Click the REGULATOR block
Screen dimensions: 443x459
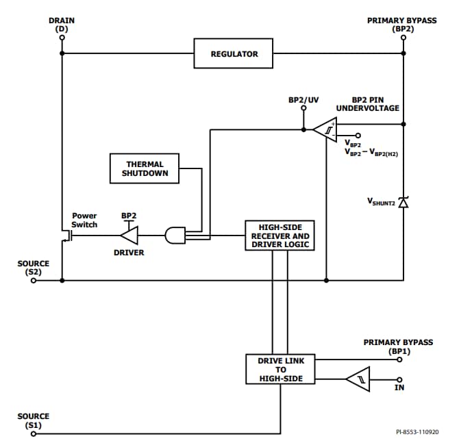tap(234, 53)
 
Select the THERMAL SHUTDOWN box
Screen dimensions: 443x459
tap(145, 168)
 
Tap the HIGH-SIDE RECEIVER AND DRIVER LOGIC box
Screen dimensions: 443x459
tap(280, 236)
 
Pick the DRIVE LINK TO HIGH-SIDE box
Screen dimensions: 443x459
tap(281, 369)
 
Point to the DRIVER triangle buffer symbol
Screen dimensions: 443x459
tap(128, 236)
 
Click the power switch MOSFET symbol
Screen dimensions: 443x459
tap(67, 236)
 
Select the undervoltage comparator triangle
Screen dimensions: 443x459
tap(325, 128)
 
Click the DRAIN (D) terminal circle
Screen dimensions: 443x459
tap(62, 38)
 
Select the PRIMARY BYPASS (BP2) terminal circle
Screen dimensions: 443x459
tap(403, 38)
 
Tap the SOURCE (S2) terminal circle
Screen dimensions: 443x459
tap(34, 280)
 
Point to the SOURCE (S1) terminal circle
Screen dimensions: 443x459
tap(34, 433)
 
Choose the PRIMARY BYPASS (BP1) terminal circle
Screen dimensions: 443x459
tap(401, 359)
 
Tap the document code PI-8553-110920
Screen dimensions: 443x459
tap(417, 432)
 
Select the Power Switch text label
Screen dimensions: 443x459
tap(85, 220)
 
